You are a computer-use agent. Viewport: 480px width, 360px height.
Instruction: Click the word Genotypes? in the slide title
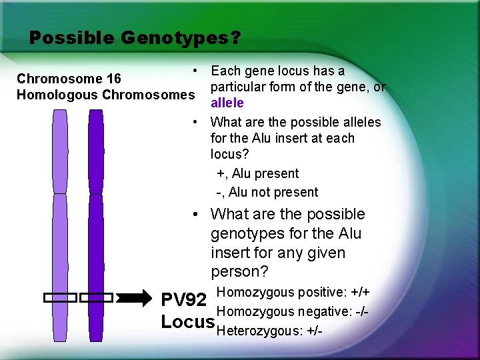181,38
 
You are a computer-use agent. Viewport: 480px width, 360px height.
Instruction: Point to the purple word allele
227,103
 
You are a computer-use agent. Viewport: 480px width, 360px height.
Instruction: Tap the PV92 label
185,299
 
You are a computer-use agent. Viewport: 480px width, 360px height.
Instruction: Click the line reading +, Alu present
258,173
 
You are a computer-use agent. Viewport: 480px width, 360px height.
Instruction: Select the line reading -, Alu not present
267,192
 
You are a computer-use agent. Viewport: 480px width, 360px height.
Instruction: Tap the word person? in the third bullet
239,272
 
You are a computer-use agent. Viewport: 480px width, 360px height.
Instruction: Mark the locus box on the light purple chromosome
60,298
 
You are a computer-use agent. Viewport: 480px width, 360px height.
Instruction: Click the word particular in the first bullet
241,87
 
